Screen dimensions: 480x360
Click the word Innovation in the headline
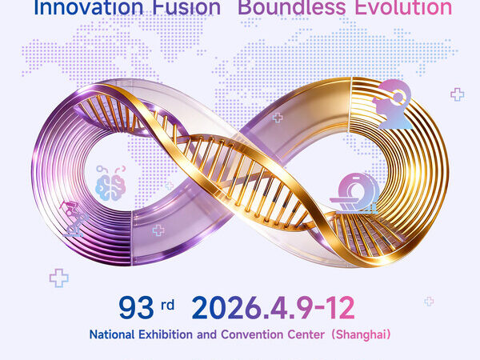pos(88,7)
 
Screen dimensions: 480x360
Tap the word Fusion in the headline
pos(186,7)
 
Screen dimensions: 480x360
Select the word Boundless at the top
pos(292,7)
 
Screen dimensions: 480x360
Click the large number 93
pos(136,308)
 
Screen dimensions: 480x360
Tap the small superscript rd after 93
pos(168,306)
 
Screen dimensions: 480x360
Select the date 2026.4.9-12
pos(273,308)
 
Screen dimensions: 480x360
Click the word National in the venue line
pos(112,334)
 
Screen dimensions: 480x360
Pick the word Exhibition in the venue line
pos(166,334)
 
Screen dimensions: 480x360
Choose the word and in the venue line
pos(207,334)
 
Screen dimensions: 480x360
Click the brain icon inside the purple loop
pos(110,183)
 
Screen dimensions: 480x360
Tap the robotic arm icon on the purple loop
pos(74,218)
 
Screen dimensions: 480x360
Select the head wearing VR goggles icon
pos(393,104)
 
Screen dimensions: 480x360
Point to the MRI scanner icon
pos(355,194)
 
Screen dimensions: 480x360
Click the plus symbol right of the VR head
pos(458,94)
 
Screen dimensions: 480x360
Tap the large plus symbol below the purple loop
pos(58,278)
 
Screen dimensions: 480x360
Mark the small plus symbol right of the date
pos(429,302)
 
